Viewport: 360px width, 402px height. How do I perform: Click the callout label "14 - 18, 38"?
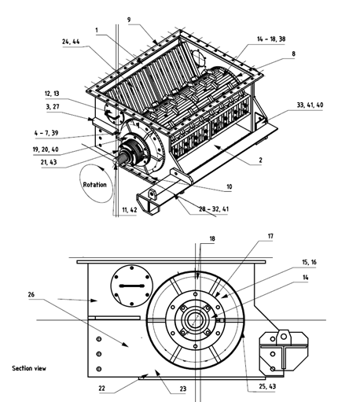click(271, 39)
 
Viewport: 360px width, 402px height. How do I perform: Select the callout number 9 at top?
click(129, 20)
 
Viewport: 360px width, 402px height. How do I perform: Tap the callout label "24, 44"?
click(71, 42)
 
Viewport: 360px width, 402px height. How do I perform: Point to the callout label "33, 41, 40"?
click(310, 105)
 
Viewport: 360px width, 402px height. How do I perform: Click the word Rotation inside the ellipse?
click(95, 185)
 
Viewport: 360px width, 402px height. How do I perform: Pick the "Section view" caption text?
click(29, 368)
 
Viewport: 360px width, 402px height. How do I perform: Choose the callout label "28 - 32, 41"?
click(214, 209)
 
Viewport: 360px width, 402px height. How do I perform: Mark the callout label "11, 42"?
click(130, 210)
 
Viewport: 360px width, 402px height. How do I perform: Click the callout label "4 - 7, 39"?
click(46, 133)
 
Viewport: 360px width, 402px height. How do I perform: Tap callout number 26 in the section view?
click(31, 294)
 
